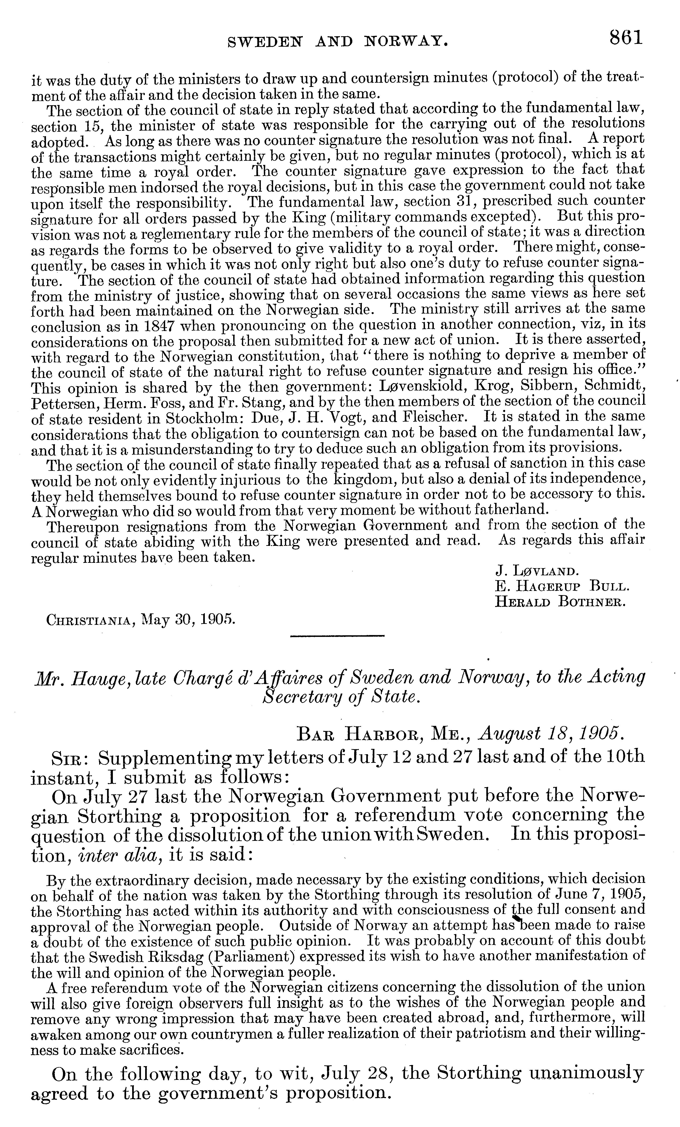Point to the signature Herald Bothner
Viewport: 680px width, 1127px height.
point(560,601)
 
